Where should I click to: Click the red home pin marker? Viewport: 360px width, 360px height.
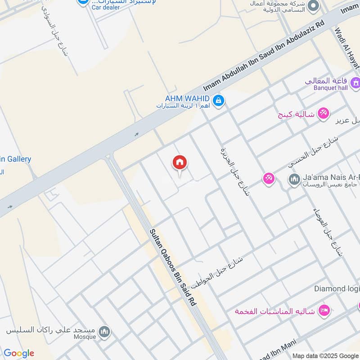180,163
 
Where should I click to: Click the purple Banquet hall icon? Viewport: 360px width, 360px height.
356,83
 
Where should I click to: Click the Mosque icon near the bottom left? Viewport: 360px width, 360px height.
105,332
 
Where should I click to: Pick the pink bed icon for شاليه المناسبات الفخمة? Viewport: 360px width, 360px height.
324,310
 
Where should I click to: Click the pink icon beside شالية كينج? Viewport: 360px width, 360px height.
323,113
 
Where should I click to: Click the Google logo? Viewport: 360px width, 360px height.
18,353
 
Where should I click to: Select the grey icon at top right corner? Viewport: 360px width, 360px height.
313,6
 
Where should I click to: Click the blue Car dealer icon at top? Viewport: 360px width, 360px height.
82,2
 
